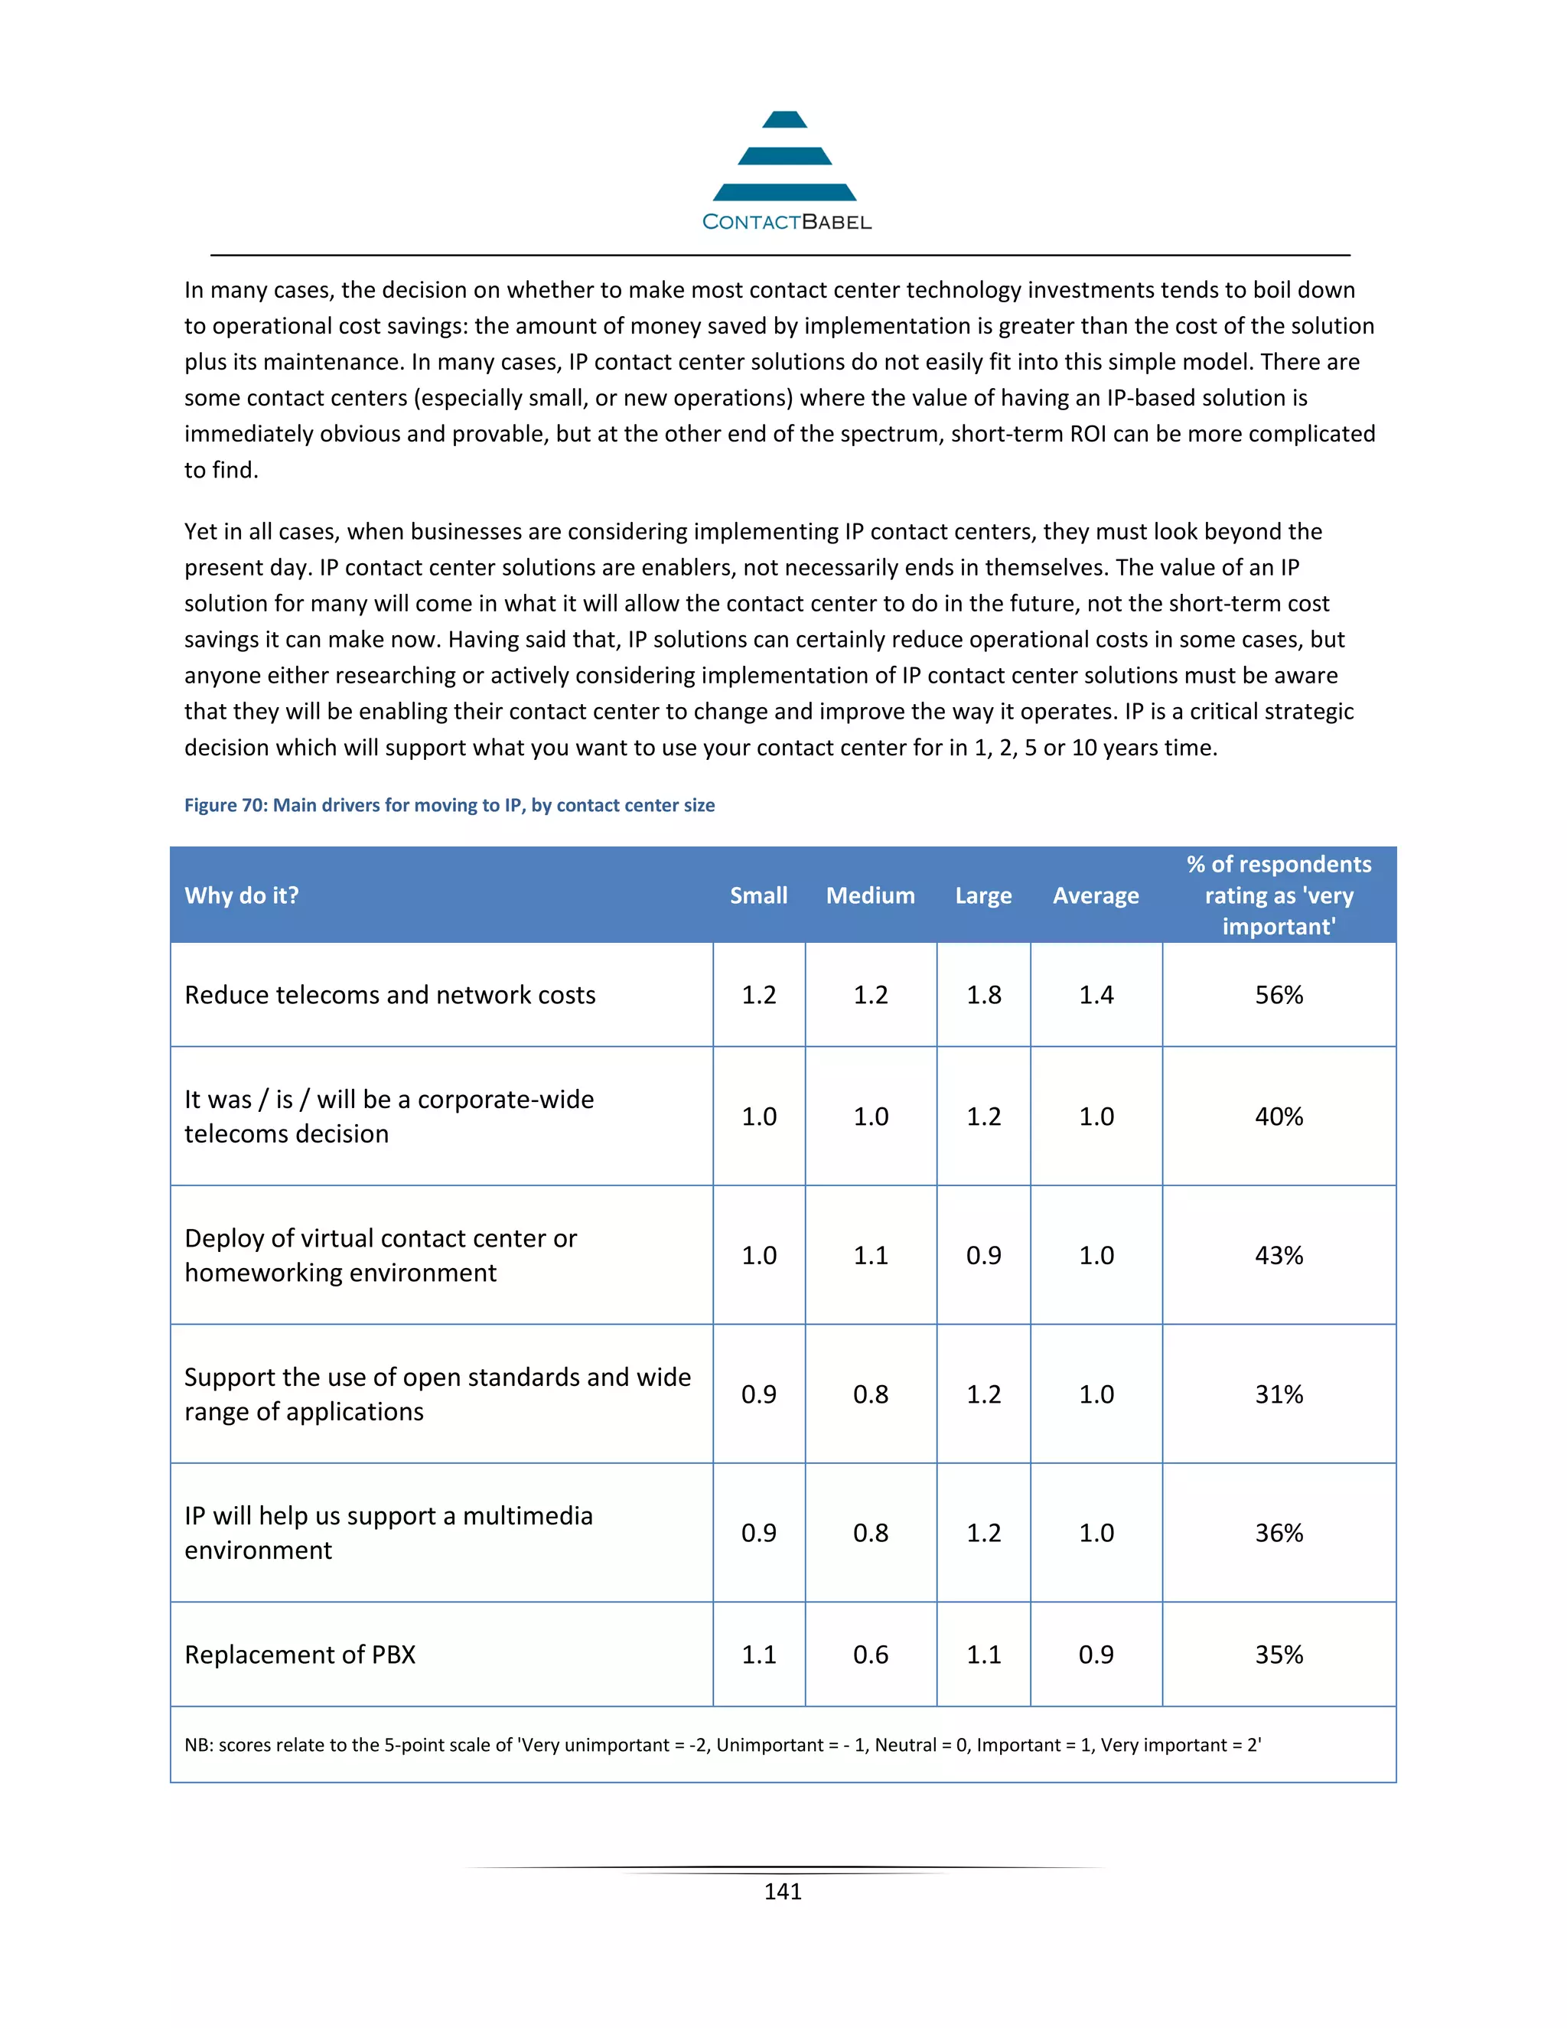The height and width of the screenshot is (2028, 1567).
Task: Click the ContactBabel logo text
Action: (787, 222)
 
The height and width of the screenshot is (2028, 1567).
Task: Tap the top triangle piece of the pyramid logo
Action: (784, 120)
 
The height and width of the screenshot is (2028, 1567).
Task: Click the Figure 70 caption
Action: (449, 805)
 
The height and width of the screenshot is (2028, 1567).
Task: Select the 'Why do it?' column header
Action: (241, 895)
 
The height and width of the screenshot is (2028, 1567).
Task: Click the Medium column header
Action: (870, 895)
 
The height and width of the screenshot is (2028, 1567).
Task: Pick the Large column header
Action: (983, 895)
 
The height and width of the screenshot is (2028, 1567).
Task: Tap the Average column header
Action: (1096, 895)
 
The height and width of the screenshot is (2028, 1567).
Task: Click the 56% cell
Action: (1279, 995)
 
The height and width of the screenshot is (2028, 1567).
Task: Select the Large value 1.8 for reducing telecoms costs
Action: (983, 995)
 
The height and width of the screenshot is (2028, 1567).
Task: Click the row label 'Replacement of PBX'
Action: (300, 1655)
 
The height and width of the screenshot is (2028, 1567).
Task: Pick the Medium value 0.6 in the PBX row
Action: (870, 1655)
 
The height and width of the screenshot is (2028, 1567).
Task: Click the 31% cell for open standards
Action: (1279, 1394)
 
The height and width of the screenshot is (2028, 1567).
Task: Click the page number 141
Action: (783, 1892)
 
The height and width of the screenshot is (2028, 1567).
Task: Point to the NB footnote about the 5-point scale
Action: (722, 1745)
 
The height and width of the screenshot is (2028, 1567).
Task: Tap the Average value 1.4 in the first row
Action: (1096, 995)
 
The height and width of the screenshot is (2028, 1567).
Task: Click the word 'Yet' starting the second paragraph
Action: (200, 531)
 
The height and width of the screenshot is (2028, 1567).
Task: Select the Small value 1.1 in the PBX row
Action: (758, 1655)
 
